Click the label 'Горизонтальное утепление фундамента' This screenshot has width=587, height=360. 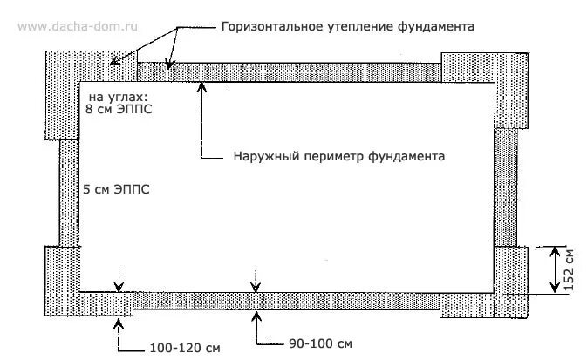pos(347,27)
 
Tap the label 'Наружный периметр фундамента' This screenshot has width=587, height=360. pos(339,158)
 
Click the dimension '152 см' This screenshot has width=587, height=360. pos(569,269)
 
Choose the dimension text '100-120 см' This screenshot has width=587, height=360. pos(182,350)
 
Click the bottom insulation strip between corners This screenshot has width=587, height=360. pos(288,301)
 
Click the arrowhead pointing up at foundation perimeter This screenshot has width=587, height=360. pos(202,85)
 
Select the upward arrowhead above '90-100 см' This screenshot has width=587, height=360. pos(256,315)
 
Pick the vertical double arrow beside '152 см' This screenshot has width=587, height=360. pos(554,269)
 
